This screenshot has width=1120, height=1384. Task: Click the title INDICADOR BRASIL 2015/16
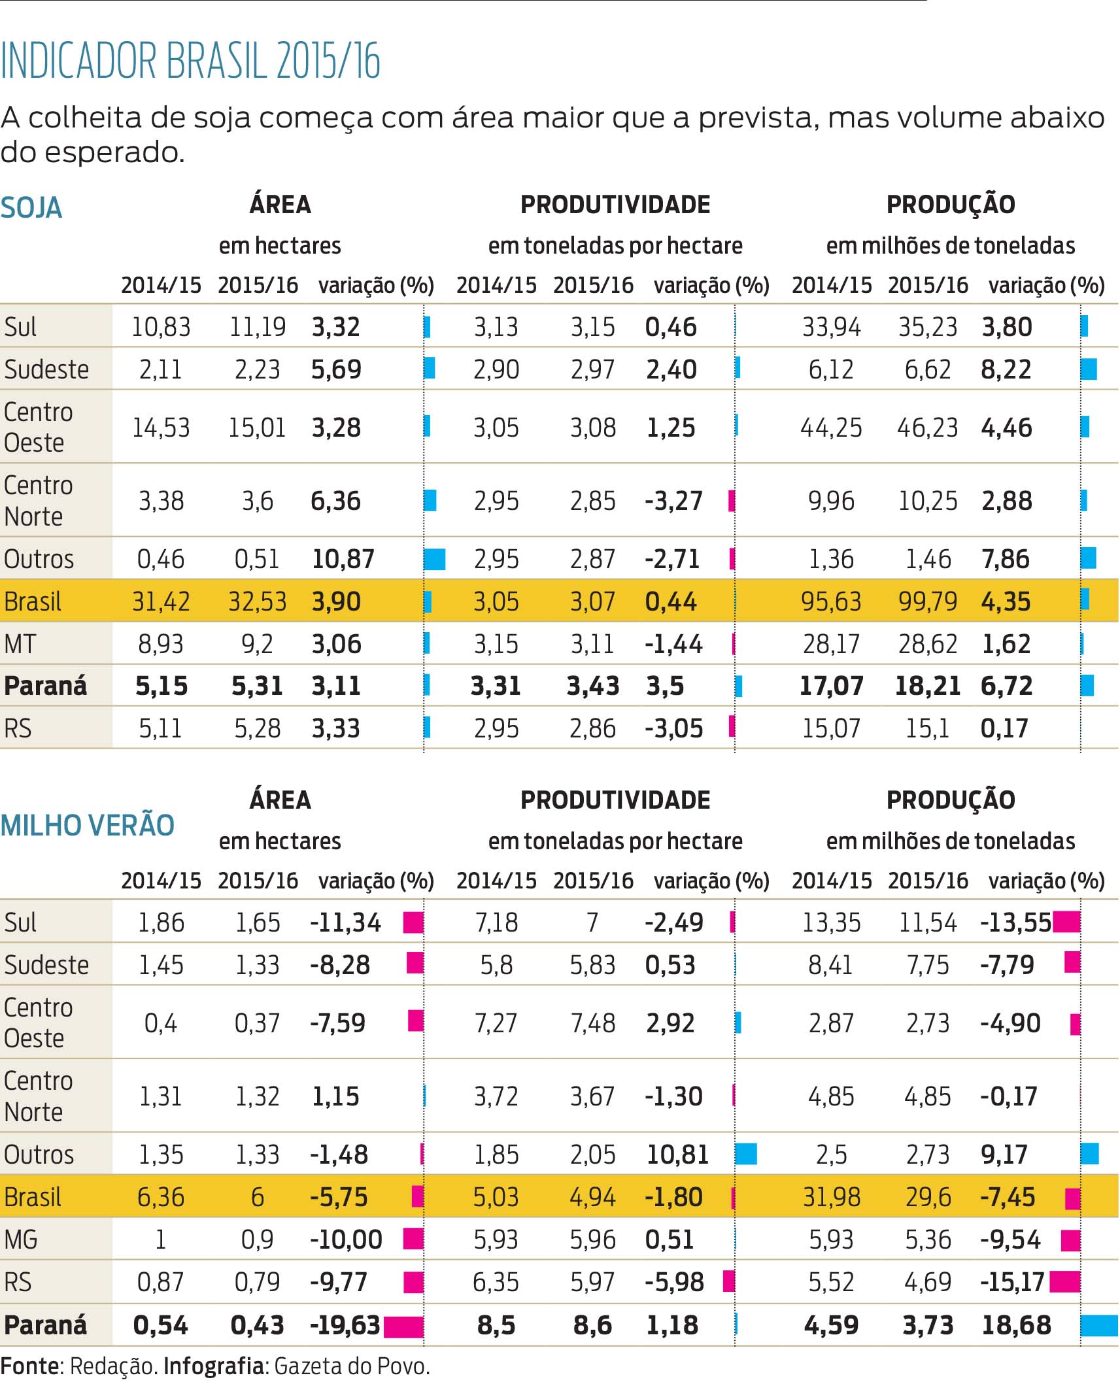tap(190, 61)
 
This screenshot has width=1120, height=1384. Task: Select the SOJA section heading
tap(31, 208)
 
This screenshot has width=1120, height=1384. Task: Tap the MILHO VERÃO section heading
tap(88, 825)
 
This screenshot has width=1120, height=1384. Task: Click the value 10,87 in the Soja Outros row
tap(343, 559)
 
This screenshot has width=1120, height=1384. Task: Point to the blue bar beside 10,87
tap(435, 559)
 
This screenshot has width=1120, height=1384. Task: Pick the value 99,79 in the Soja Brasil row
tap(928, 601)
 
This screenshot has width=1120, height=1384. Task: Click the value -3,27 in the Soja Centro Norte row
tap(673, 501)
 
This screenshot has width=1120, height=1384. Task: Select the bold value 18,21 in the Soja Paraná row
tap(928, 686)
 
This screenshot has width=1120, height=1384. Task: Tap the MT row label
tap(20, 644)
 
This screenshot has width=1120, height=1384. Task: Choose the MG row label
tap(21, 1239)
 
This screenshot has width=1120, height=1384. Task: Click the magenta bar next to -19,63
tap(403, 1326)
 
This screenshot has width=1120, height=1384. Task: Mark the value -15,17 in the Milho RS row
tap(1012, 1281)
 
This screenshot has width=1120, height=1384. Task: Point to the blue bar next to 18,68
tap(1099, 1325)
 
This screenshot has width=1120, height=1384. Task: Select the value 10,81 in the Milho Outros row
tap(677, 1154)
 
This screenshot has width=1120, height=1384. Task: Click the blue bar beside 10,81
tap(746, 1153)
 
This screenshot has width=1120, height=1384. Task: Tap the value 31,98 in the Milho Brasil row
tap(831, 1196)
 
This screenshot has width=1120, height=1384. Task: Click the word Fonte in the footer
tap(29, 1366)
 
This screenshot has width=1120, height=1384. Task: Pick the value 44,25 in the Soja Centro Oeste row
tap(831, 428)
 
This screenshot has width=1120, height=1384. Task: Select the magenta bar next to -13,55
tap(1066, 921)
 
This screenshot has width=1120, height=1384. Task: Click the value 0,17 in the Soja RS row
tap(1004, 728)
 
